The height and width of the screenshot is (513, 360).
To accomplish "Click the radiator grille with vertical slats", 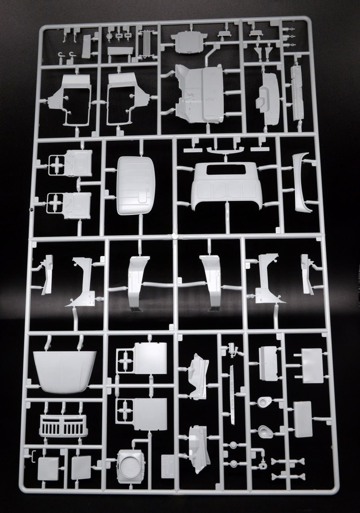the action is (x=63, y=425).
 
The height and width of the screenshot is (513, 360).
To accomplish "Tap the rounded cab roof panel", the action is (x=135, y=185).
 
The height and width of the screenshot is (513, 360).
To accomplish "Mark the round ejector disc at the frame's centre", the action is (x=174, y=235).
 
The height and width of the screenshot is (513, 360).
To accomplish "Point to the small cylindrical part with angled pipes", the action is (x=233, y=348).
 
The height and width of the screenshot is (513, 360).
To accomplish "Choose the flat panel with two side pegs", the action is (x=312, y=366).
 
